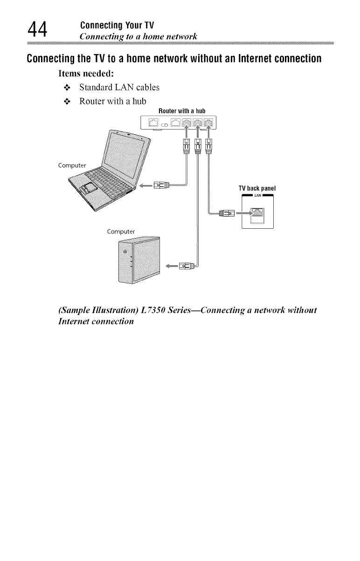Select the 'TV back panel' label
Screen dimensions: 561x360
coord(257,188)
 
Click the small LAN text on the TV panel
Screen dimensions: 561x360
coord(257,195)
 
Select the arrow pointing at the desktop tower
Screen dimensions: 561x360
coord(171,267)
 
